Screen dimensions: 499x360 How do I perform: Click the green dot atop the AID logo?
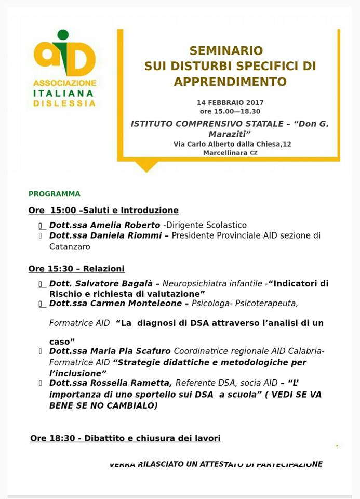(63, 35)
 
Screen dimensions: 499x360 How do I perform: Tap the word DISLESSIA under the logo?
(64, 103)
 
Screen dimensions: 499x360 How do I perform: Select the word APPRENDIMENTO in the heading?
(230, 82)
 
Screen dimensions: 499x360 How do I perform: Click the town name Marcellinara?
(225, 153)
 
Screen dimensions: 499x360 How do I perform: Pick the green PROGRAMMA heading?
(55, 194)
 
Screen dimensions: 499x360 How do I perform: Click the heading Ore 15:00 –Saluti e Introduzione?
(103, 211)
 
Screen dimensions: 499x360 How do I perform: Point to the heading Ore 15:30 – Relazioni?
(76, 269)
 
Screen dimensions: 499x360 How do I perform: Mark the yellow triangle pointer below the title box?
(146, 166)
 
